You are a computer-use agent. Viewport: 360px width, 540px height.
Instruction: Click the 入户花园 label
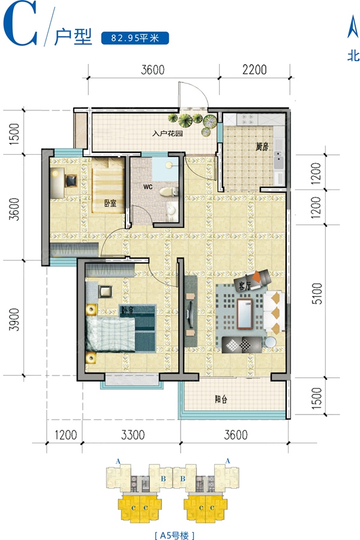point(167,133)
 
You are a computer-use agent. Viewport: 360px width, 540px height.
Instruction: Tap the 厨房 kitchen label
point(262,147)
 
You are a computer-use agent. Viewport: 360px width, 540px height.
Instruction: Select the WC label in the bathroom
point(148,187)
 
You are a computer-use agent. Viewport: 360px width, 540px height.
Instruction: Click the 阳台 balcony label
point(221,400)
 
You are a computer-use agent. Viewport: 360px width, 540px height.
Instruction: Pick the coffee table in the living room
point(245,314)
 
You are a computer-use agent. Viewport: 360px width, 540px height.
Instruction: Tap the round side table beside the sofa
point(271,342)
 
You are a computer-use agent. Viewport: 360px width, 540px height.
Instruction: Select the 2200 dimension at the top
point(254,69)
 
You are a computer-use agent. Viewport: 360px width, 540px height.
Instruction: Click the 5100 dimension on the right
point(317,293)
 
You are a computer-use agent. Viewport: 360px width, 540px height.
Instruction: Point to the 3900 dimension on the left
point(14,319)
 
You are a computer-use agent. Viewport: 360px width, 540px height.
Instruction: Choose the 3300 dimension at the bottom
point(133,434)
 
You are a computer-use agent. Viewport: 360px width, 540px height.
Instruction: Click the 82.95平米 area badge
point(135,38)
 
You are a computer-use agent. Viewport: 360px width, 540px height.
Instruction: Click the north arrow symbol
point(353,26)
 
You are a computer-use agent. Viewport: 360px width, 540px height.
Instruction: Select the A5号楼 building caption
point(175,535)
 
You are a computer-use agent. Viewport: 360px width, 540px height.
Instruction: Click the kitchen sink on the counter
point(278,160)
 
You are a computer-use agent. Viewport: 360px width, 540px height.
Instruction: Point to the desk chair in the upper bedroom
point(71,181)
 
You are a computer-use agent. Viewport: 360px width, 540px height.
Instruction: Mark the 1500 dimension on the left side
point(14,133)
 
